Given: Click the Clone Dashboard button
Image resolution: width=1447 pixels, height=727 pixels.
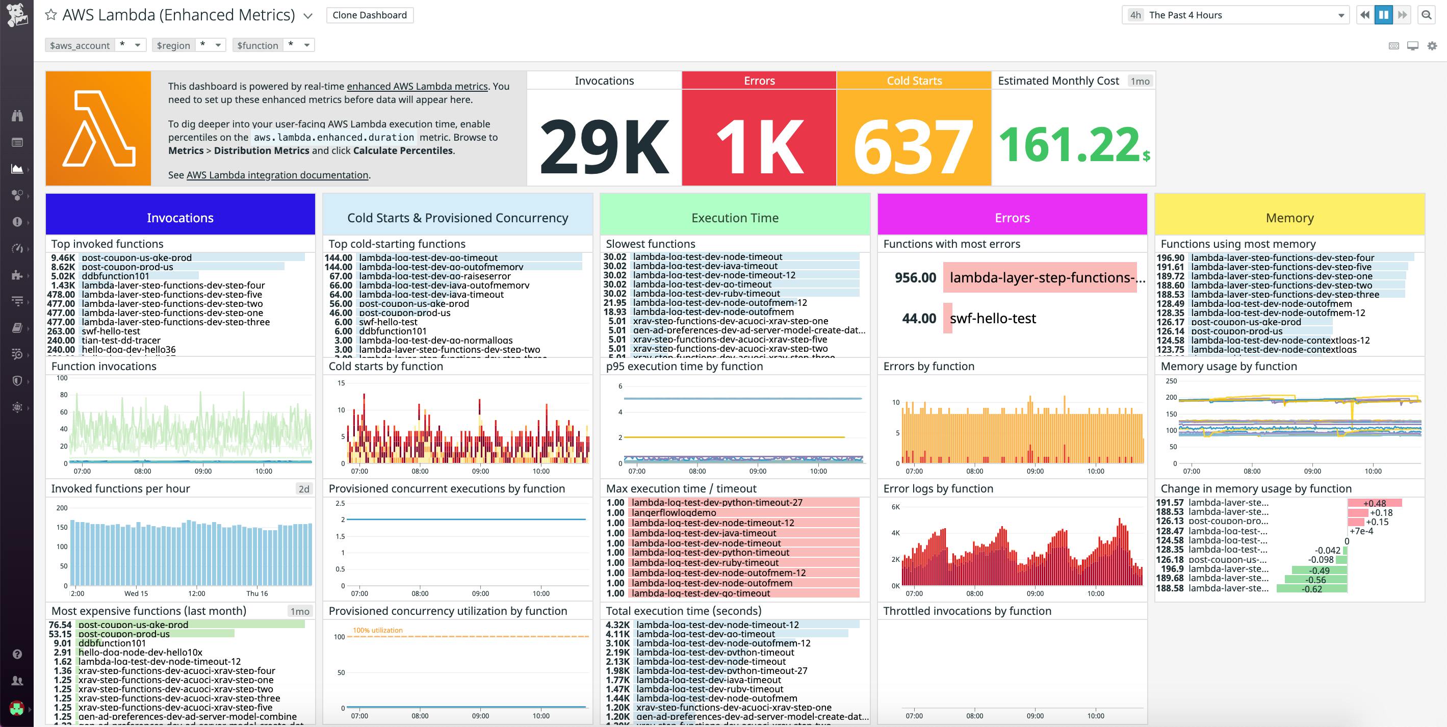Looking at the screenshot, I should (370, 15).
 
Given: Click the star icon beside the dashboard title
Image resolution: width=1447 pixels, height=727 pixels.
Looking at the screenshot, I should (51, 15).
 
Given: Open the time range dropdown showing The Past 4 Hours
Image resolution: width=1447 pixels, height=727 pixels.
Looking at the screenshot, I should (1236, 15).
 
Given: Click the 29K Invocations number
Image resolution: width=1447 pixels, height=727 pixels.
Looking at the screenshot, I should (604, 146).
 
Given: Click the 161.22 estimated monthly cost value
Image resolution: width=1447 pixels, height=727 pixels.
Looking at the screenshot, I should (1070, 145).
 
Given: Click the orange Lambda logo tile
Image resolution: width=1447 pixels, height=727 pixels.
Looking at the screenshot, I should (98, 128).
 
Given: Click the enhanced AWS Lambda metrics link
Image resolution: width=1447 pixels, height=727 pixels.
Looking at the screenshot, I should (417, 87).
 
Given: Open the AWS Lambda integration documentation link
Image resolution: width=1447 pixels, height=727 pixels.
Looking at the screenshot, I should (277, 175).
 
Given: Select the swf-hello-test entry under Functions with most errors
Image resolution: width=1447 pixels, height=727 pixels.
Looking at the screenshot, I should (993, 319).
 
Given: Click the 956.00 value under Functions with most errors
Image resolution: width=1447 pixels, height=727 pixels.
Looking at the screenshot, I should (915, 277).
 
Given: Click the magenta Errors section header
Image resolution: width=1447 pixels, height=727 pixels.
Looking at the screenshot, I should (1012, 218).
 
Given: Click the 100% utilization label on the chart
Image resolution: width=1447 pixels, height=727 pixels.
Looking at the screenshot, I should (377, 630).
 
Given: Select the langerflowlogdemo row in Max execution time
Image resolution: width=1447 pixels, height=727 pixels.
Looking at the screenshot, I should (674, 512).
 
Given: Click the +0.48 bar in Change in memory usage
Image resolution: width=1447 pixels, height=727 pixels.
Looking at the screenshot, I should (1374, 503).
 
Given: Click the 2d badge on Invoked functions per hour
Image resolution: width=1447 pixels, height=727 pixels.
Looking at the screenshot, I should (304, 489).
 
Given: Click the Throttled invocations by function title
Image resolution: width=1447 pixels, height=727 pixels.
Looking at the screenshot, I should (967, 611).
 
